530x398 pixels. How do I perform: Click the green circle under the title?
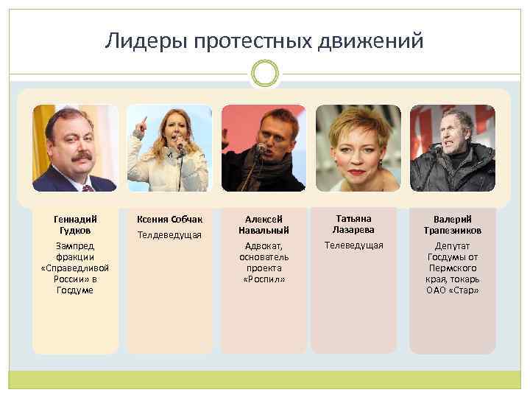point(264,74)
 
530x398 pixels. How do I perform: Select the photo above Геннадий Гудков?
point(75,148)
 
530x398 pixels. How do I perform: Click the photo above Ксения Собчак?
point(169,148)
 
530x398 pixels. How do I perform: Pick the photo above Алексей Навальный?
point(264,148)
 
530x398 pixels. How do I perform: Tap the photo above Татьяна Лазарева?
point(358,148)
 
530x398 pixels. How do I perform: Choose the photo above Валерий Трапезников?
point(452,148)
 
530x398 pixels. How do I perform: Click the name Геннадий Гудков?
point(75,224)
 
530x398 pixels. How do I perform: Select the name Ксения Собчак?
point(169,219)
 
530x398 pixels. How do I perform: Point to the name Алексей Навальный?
point(264,225)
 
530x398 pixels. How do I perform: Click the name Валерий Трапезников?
point(452,225)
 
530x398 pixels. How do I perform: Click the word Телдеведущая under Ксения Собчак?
point(169,235)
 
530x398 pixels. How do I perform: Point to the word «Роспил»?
point(264,279)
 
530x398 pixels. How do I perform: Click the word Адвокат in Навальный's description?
point(264,246)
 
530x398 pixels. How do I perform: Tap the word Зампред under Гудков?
point(75,246)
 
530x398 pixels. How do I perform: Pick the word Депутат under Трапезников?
point(452,246)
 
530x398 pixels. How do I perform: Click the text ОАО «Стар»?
point(452,290)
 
